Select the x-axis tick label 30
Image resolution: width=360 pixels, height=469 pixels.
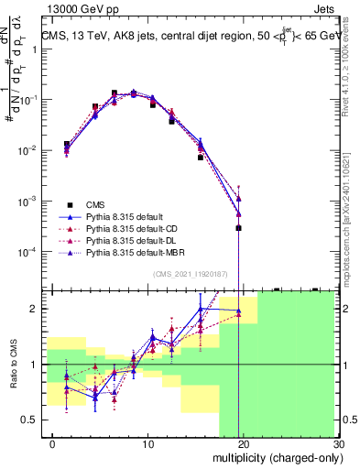(337, 445)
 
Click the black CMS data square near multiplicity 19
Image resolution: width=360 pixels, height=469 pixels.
(238, 228)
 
